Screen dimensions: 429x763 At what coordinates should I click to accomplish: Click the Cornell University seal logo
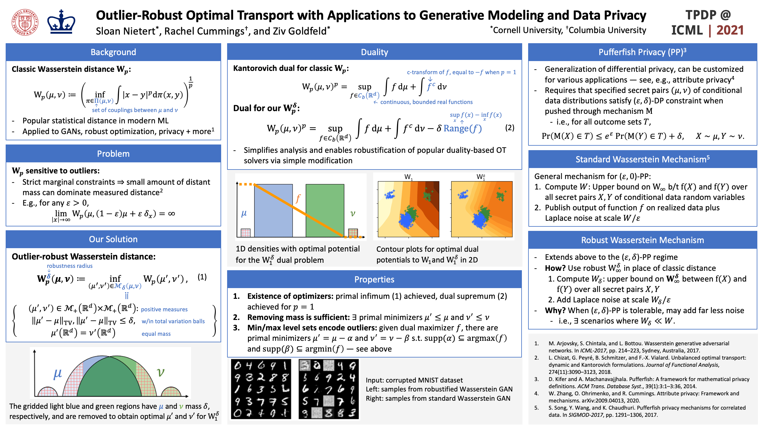pos(25,22)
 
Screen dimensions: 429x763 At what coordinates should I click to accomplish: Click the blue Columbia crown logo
pos(61,22)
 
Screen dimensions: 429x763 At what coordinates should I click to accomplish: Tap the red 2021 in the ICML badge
pos(730,30)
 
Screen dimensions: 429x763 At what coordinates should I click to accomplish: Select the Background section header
pos(113,52)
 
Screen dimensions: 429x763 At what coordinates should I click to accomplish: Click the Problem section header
pos(113,154)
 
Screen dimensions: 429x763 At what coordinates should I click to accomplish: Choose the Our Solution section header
pos(113,239)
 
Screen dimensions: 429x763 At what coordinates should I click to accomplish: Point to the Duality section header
pos(374,52)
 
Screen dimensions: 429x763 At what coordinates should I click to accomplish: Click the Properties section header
pos(374,279)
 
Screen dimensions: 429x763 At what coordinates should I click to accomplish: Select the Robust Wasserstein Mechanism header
pos(642,240)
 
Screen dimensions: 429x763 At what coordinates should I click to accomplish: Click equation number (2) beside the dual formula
pos(510,128)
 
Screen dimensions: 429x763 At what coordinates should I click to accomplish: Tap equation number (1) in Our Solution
pos(202,277)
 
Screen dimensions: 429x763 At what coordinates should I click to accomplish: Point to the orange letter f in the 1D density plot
pos(298,198)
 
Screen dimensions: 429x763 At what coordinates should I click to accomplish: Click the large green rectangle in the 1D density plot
pos(325,210)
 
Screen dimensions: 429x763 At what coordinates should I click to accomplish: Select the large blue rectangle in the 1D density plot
pos(273,210)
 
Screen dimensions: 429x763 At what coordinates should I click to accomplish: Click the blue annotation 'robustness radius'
pos(70,266)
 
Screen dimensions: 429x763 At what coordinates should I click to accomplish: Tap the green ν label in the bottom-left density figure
pos(161,372)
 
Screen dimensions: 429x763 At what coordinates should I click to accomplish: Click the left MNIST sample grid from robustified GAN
pos(261,389)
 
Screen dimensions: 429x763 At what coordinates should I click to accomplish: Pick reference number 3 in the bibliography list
pos(536,379)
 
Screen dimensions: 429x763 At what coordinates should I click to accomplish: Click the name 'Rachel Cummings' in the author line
pos(204,31)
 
